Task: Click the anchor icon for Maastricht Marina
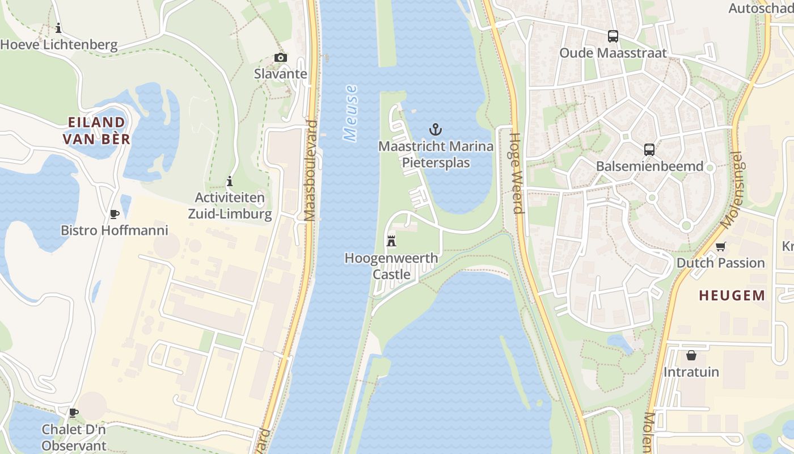click(x=435, y=129)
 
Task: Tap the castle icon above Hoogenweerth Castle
click(x=391, y=241)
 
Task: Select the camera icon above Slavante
click(x=280, y=57)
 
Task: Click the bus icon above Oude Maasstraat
click(x=613, y=36)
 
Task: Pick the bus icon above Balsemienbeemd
click(x=649, y=150)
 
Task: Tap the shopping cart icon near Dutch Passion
click(x=720, y=246)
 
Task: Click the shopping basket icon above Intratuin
click(x=691, y=355)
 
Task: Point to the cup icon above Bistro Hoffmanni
click(x=114, y=214)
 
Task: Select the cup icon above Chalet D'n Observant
click(x=73, y=413)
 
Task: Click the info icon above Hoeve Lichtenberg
click(x=58, y=28)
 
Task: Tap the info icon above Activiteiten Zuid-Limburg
click(x=230, y=182)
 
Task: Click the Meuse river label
click(x=351, y=113)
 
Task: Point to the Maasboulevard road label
click(x=310, y=170)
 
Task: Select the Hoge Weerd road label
click(x=516, y=173)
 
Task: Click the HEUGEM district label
click(x=732, y=295)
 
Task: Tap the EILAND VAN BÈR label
click(x=96, y=131)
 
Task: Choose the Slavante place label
click(x=281, y=74)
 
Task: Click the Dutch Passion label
click(x=721, y=263)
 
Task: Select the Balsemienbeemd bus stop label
click(x=650, y=166)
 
